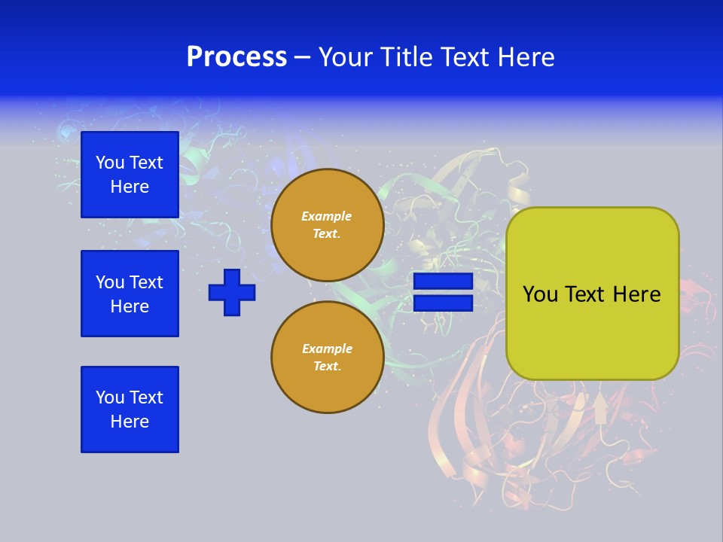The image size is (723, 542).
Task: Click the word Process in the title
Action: tap(236, 57)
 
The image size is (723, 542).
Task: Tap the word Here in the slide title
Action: tap(525, 57)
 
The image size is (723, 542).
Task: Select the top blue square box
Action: tap(130, 175)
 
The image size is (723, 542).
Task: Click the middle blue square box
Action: tap(130, 294)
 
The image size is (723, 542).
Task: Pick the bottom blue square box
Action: tap(130, 410)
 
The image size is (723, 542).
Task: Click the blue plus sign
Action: tap(232, 292)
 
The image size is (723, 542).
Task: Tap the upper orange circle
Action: tap(328, 225)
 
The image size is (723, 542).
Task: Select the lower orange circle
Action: tap(328, 358)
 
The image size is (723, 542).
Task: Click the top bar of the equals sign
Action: tap(443, 282)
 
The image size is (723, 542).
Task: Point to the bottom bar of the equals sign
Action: tap(443, 303)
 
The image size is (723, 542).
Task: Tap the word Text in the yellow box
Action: tap(584, 294)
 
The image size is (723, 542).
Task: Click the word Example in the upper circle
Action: tap(326, 216)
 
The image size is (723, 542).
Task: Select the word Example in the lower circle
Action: tap(327, 349)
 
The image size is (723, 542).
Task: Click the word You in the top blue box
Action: tap(110, 163)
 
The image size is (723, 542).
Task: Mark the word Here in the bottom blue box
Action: tap(130, 422)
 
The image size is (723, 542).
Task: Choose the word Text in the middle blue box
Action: tap(146, 282)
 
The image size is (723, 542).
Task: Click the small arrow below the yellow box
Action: tap(600, 410)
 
